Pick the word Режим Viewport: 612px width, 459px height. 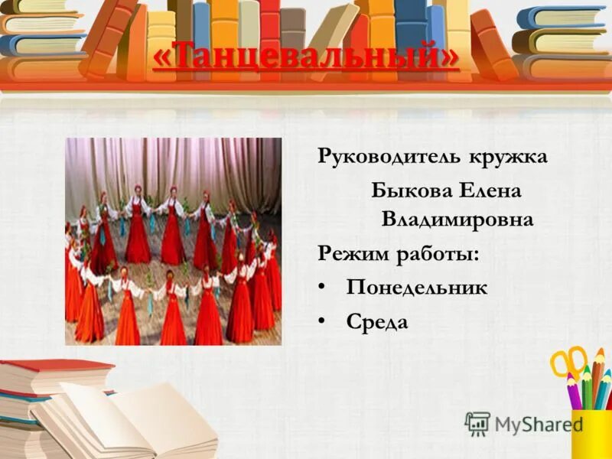352,253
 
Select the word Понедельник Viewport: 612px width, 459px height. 417,288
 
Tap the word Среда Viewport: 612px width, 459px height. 377,322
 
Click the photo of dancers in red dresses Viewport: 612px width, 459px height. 173,241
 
